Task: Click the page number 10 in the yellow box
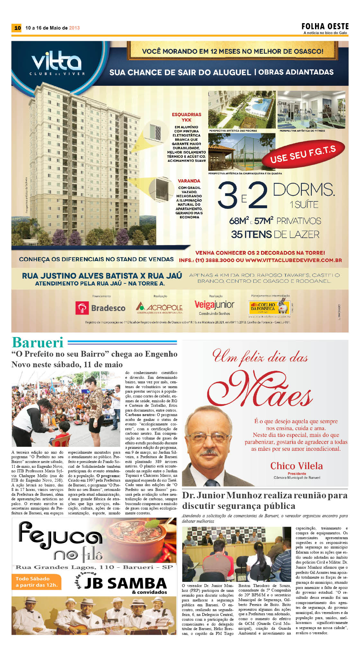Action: click(x=17, y=28)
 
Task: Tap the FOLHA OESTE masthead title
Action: click(x=325, y=26)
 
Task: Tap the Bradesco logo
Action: click(x=100, y=308)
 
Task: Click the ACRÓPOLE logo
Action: click(x=159, y=307)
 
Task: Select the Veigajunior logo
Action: click(x=214, y=305)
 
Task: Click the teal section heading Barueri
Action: click(x=38, y=342)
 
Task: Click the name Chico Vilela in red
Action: click(x=296, y=466)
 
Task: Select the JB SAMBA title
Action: click(x=125, y=583)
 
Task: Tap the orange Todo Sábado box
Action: click(x=36, y=582)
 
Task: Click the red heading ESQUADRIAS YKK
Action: click(x=186, y=117)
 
